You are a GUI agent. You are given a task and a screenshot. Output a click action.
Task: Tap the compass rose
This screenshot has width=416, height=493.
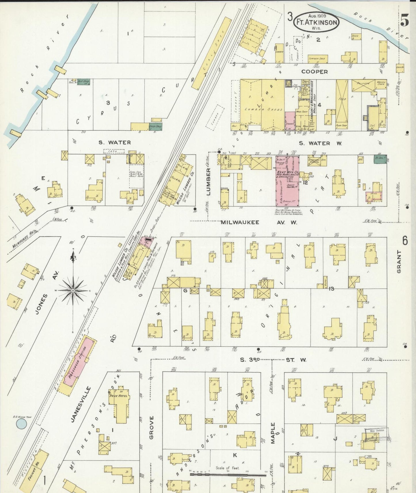click(73, 291)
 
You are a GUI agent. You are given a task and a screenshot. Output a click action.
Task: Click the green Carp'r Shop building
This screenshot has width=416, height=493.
click(155, 126)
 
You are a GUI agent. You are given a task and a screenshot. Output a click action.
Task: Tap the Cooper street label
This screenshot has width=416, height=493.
click(314, 71)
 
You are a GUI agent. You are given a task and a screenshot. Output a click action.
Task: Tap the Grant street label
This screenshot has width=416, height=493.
click(399, 261)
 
